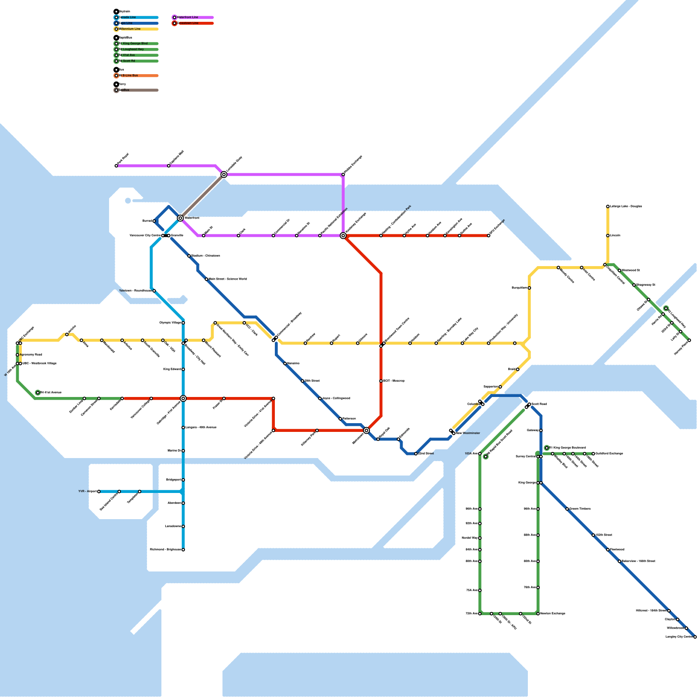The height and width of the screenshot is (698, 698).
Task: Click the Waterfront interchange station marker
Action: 180,218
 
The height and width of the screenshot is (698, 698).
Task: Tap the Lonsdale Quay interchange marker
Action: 224,174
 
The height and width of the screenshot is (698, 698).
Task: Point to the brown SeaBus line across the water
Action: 202,196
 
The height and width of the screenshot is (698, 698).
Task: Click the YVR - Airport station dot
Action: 99,491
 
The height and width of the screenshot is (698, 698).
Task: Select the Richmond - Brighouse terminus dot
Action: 183,550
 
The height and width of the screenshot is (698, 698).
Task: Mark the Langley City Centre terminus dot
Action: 695,637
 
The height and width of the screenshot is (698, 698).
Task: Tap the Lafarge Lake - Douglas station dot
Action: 608,206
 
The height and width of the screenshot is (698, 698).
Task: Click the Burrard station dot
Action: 154,221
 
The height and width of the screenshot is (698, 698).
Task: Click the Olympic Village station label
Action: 170,323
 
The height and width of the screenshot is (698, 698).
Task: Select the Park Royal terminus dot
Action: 116,166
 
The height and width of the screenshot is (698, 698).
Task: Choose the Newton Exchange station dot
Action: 538,614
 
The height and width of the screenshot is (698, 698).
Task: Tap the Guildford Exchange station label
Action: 609,454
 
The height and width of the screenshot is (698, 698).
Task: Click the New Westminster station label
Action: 468,433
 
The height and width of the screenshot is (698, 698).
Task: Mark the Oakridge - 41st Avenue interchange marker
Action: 183,398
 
